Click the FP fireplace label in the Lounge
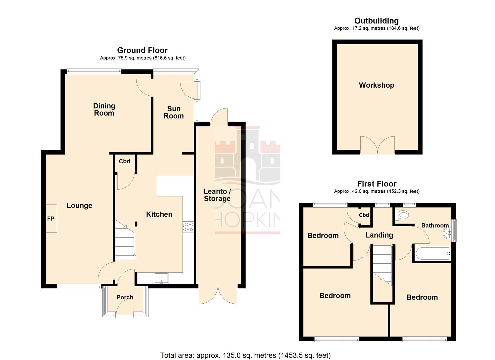[x=51, y=219]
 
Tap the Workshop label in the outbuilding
[x=376, y=85]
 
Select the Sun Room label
[x=174, y=112]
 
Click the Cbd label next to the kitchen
[x=124, y=161]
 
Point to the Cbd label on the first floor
[x=364, y=215]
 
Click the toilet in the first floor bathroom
[x=402, y=215]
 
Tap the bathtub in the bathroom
[x=432, y=254]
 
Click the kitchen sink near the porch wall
[x=162, y=278]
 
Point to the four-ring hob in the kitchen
[x=188, y=227]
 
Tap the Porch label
[x=125, y=297]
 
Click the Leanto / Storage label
[x=217, y=195]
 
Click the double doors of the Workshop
[x=377, y=145]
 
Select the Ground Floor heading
[x=142, y=50]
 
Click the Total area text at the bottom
[x=245, y=355]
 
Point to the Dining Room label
[x=104, y=109]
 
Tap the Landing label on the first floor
[x=379, y=235]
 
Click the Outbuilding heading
[x=376, y=21]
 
